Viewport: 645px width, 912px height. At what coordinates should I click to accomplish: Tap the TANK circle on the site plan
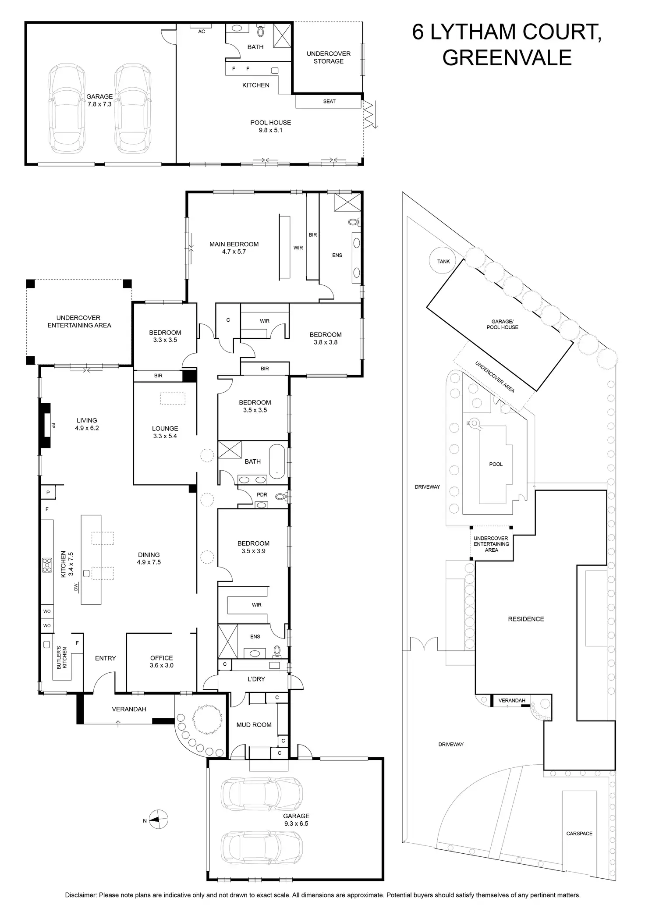tap(443, 261)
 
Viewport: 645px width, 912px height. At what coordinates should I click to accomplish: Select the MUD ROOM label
tap(254, 725)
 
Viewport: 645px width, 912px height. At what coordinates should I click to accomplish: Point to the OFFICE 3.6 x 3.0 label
tap(162, 661)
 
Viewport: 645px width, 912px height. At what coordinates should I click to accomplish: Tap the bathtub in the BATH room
tap(277, 461)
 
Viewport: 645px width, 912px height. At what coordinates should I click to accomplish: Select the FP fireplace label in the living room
tap(53, 425)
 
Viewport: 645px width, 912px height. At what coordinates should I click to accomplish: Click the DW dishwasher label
tap(76, 587)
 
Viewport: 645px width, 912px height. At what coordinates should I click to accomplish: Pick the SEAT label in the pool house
tap(329, 102)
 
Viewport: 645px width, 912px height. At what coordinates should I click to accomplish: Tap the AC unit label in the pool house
tap(202, 32)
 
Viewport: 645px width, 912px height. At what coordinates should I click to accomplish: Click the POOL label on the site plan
tap(496, 464)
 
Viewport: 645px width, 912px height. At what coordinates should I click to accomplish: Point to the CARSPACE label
tap(579, 834)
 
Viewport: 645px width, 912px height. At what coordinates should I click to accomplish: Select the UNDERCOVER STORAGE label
tap(328, 57)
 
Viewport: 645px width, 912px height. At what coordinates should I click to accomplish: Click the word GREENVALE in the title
tap(507, 57)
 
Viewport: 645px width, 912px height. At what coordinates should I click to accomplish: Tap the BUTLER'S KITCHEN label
tap(62, 657)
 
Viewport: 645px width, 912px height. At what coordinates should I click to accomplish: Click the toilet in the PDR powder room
tap(281, 497)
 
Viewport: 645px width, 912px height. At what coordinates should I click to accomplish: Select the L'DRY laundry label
tap(256, 679)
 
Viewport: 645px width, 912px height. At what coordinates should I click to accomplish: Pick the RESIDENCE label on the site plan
tap(526, 619)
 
